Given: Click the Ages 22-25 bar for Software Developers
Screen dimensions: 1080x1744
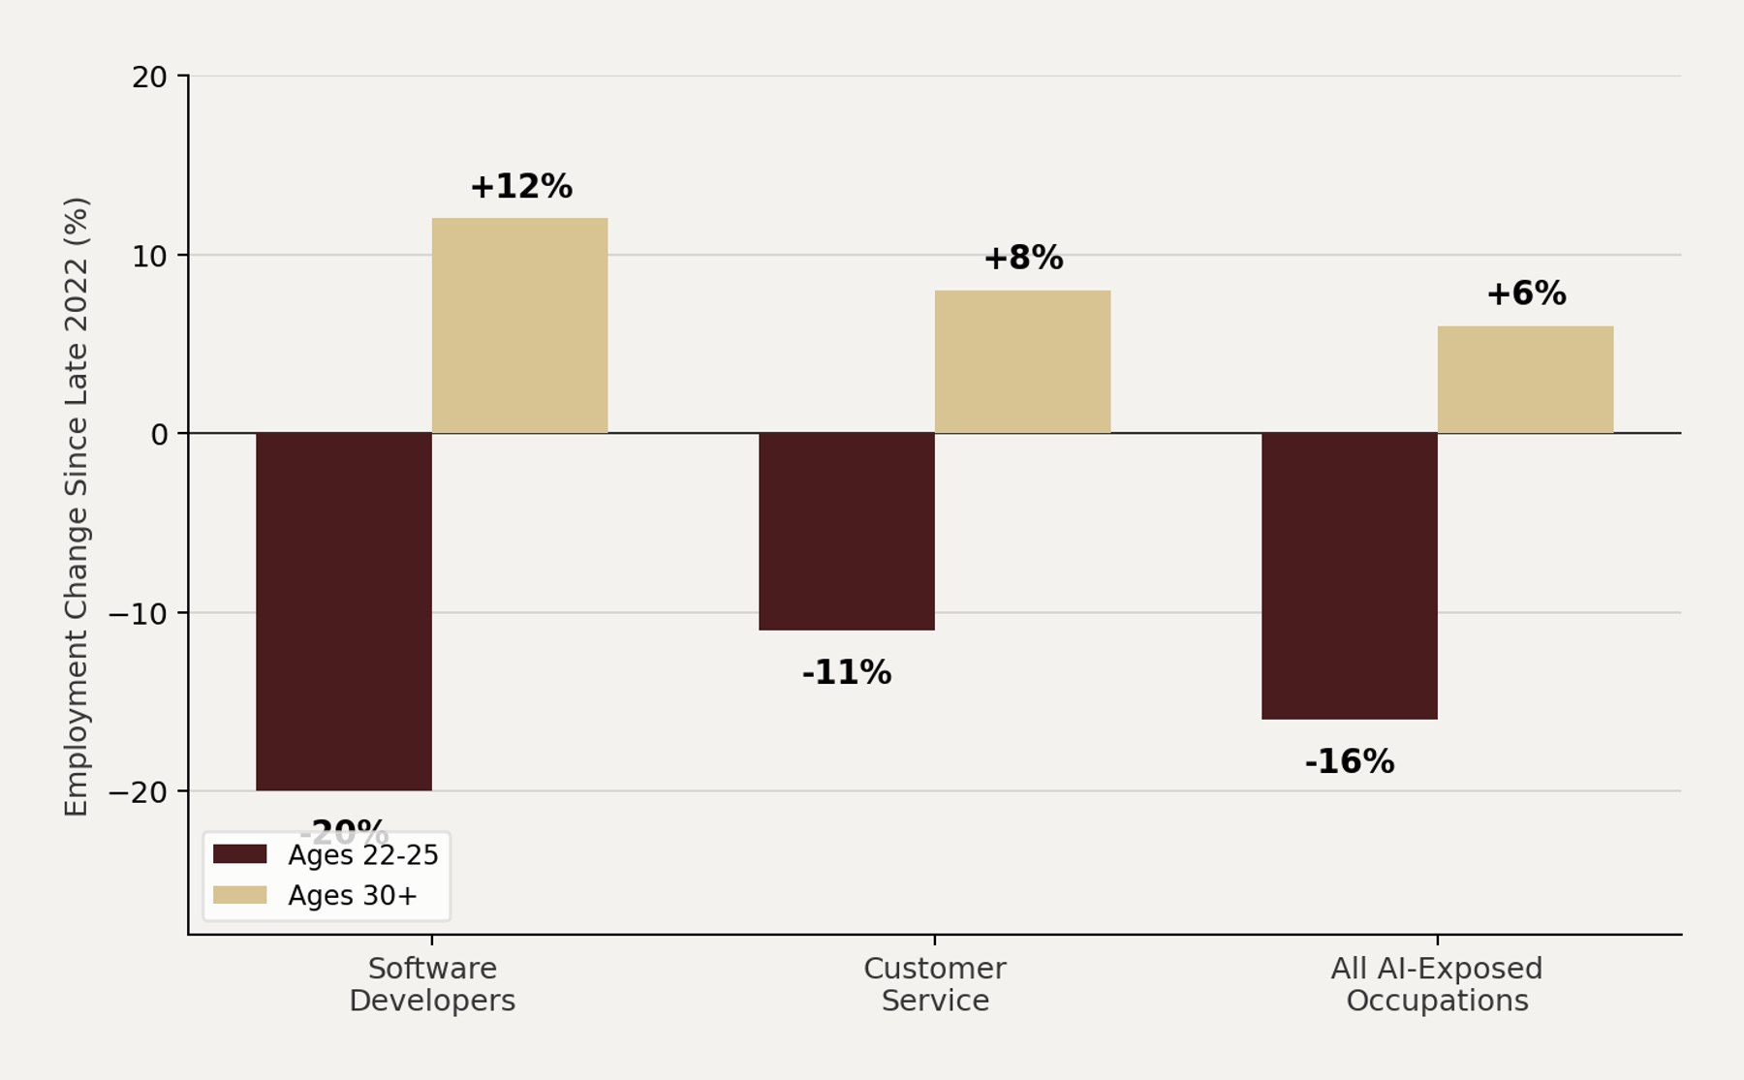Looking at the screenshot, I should (344, 611).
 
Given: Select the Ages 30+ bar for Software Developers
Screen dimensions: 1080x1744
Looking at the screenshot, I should (519, 325).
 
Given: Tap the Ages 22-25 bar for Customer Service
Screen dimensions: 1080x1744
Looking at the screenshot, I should (846, 532).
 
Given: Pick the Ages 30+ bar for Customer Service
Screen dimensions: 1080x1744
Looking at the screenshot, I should (1022, 361).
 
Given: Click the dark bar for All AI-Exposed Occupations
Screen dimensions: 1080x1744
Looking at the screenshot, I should (1349, 575).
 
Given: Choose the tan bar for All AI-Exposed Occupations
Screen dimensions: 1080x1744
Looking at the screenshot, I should (1525, 380).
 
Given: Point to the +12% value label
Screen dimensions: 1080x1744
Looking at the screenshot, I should (521, 187).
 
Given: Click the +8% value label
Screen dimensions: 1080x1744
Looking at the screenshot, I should (1023, 259).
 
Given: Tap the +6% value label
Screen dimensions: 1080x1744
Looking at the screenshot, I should (1526, 294).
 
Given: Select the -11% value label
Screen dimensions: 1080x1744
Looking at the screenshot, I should (846, 673).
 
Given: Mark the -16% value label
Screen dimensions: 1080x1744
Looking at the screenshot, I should (1349, 762).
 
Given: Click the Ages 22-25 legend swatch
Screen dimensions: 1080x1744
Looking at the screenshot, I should (239, 854).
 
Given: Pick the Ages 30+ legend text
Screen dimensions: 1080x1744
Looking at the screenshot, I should (353, 896).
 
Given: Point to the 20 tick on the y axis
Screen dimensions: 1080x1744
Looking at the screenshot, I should (149, 77).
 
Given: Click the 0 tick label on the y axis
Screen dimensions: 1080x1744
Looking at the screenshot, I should (159, 435).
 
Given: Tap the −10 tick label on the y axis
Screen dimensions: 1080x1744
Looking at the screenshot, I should (138, 614).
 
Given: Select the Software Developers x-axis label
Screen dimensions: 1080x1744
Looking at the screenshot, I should (432, 984).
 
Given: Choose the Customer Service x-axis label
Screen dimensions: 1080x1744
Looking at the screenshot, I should (935, 984).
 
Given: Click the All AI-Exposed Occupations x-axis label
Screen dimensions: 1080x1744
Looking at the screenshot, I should (1437, 984).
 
